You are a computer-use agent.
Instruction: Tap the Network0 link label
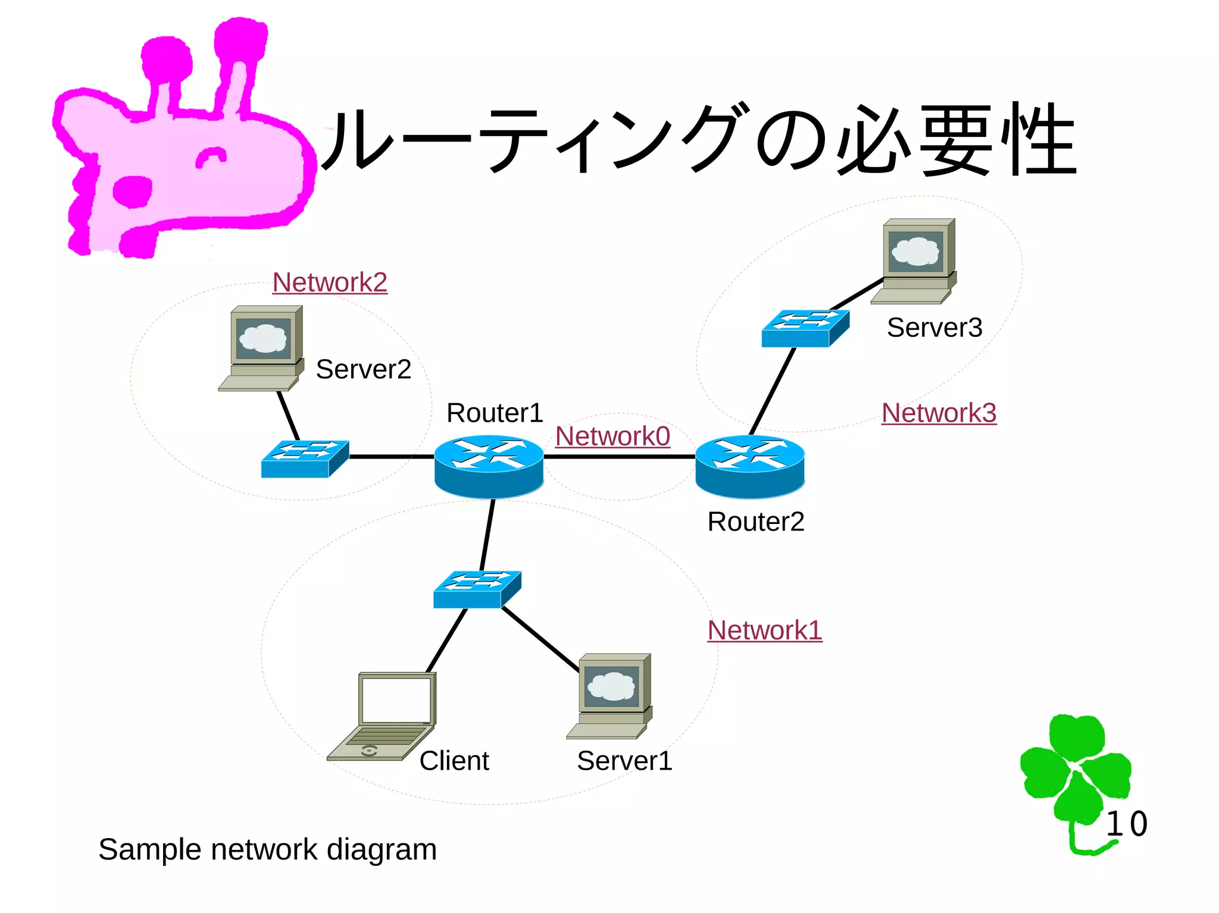tap(612, 436)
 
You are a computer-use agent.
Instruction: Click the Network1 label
tap(765, 630)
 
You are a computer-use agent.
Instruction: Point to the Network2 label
tap(330, 282)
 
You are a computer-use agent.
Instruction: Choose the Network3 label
tap(939, 413)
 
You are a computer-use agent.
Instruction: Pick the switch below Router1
tap(477, 589)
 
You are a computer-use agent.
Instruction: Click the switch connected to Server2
tap(305, 459)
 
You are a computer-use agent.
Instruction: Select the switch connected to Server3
tap(805, 328)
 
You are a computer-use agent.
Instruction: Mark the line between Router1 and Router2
tap(619, 457)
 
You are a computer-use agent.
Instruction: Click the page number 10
tap(1126, 824)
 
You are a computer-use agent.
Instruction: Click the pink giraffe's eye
tap(211, 157)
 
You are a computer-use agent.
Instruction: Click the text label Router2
tap(755, 522)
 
